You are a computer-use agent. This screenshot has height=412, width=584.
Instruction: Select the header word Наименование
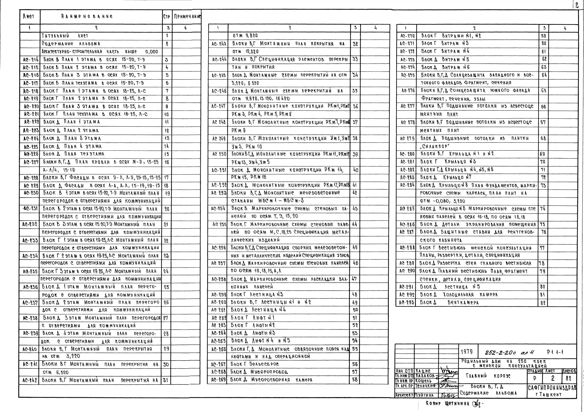click(87, 17)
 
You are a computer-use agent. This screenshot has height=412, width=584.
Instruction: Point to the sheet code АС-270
click(407, 36)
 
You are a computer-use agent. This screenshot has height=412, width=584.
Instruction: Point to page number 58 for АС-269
click(355, 379)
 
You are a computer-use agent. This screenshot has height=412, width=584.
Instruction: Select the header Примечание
click(187, 17)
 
